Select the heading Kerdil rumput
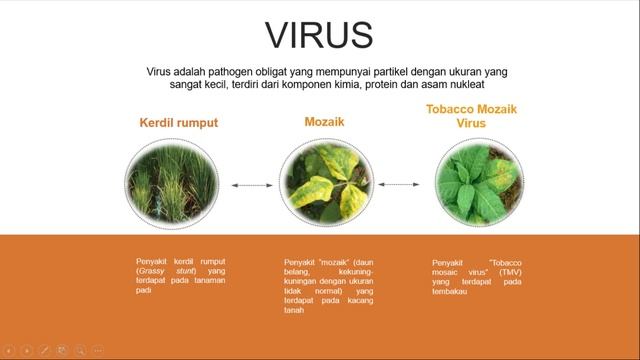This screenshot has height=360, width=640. click(178, 123)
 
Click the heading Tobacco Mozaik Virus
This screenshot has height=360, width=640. click(471, 117)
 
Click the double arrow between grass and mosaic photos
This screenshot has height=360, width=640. click(250, 185)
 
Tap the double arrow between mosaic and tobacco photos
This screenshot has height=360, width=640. click(398, 185)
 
